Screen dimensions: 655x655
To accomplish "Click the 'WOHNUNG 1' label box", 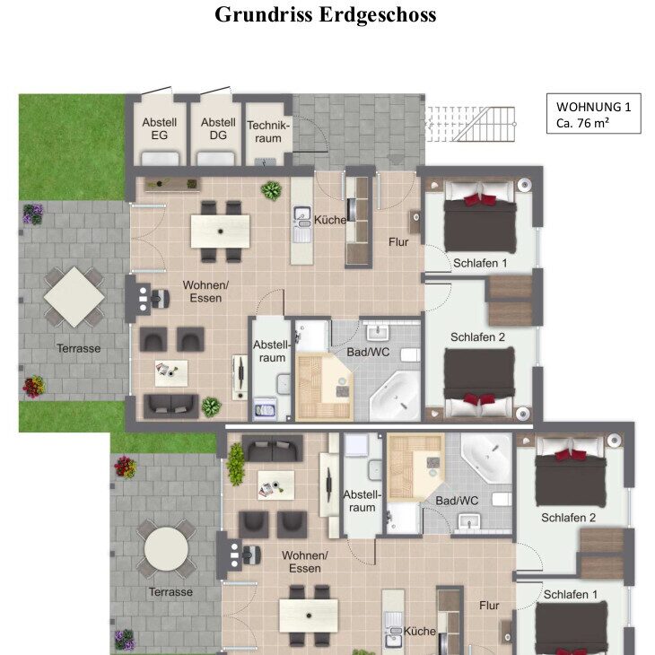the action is click(x=594, y=114).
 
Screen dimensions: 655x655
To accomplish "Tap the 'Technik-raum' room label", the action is click(x=268, y=132).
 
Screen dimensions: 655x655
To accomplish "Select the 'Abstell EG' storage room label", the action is click(x=159, y=128).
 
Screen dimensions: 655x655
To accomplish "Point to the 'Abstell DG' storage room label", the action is click(x=218, y=128).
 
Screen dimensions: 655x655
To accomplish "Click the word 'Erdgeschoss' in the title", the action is click(x=378, y=15).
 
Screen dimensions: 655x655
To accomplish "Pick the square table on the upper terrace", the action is click(x=74, y=297).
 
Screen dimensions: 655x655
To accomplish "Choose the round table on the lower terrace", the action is click(x=166, y=548).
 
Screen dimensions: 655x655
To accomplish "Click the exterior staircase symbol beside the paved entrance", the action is click(x=471, y=124).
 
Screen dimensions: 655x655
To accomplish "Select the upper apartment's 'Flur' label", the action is click(x=398, y=242).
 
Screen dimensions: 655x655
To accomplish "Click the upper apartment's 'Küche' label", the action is click(x=330, y=220).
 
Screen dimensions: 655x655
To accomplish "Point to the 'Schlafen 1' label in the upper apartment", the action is click(x=480, y=263).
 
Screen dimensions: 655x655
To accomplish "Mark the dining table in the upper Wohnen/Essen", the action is click(x=220, y=231).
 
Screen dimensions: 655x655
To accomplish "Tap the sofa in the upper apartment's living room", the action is click(x=170, y=406).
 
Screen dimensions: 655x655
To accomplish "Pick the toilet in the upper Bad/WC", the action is click(x=410, y=355).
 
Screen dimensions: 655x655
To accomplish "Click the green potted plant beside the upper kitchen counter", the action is click(x=272, y=190).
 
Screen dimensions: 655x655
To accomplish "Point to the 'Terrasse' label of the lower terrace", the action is click(x=170, y=592).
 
